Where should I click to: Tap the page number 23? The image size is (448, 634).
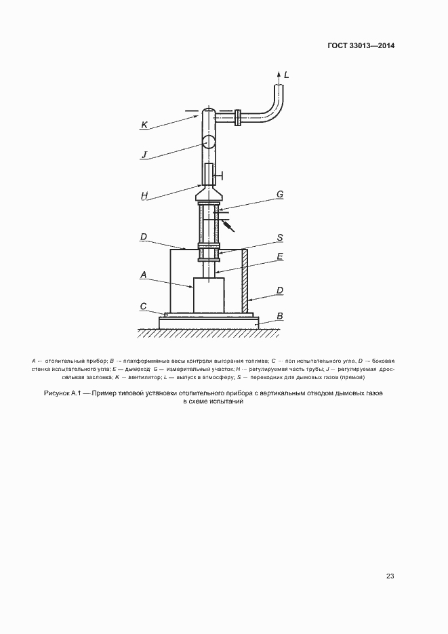(x=390, y=576)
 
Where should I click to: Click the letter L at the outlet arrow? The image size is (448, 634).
(x=286, y=75)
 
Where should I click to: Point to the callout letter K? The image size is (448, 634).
(x=144, y=125)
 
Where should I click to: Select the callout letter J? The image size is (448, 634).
(x=144, y=155)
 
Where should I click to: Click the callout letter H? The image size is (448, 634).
(x=144, y=195)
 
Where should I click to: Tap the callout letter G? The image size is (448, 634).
(x=279, y=195)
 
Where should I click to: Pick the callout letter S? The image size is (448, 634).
(x=279, y=238)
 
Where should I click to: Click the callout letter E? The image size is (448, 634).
(x=279, y=258)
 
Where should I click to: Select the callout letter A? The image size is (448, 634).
(x=144, y=275)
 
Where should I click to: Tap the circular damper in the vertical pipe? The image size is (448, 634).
(x=208, y=143)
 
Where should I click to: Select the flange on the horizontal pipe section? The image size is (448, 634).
(x=239, y=118)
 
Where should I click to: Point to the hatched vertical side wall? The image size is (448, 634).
(x=245, y=281)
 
